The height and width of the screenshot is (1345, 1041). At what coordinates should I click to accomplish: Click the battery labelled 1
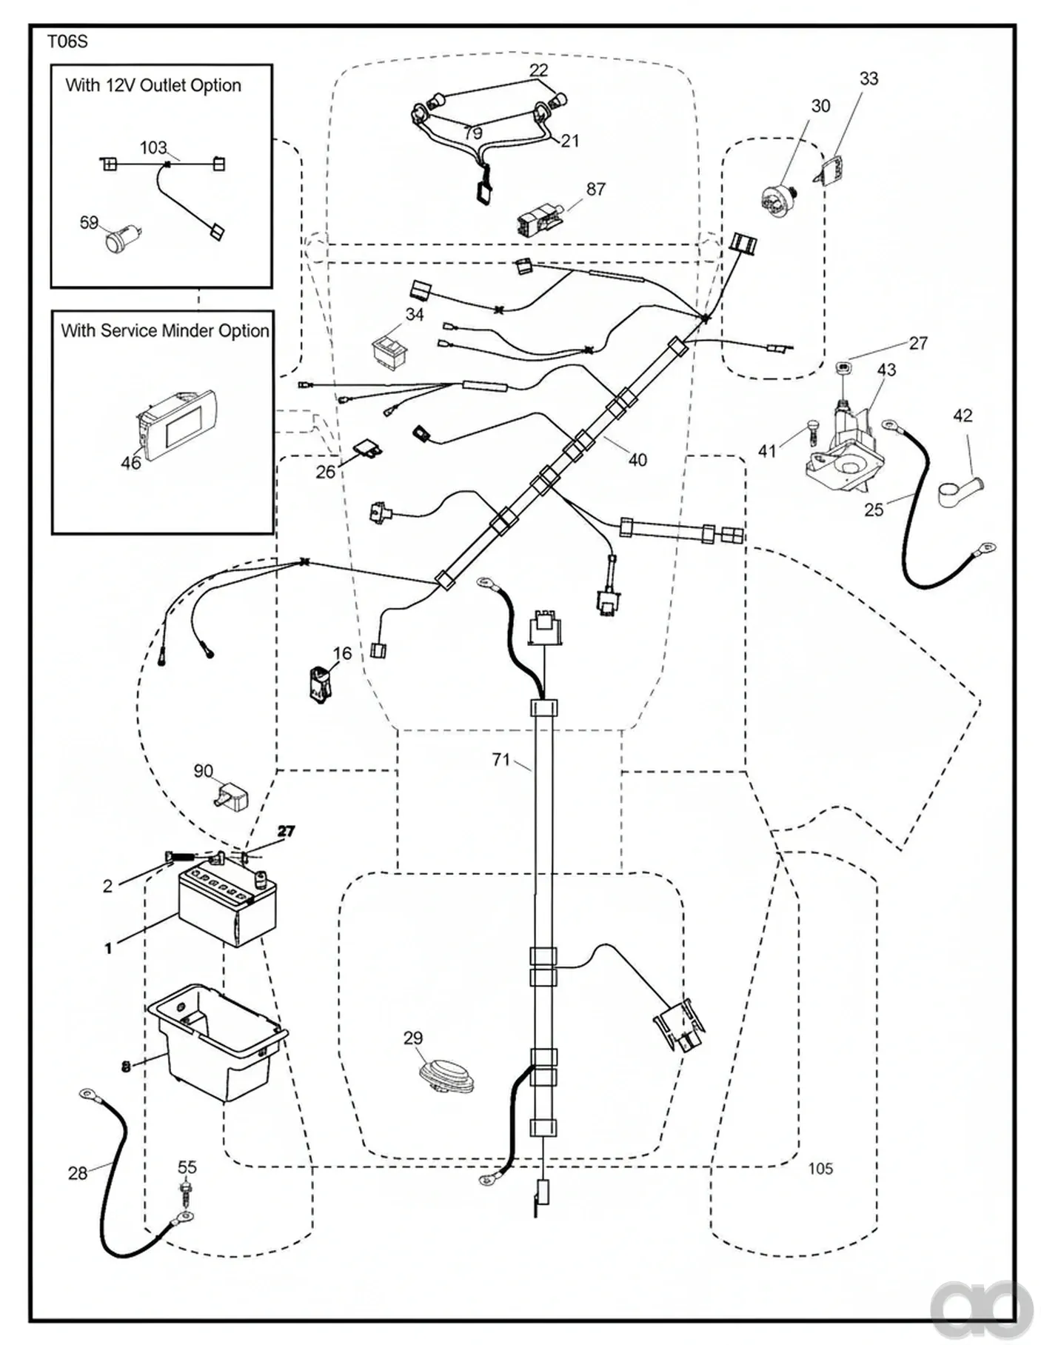(227, 905)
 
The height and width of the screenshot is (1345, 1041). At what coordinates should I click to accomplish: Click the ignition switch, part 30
(780, 198)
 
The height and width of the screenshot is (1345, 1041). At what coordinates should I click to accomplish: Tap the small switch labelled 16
(320, 681)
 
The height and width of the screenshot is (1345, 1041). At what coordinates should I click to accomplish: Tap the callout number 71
(501, 760)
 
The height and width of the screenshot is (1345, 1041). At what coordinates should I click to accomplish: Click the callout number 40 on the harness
(637, 460)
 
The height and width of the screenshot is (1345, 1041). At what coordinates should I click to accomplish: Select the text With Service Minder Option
(164, 330)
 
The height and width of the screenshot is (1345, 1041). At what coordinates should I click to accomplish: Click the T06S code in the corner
(67, 42)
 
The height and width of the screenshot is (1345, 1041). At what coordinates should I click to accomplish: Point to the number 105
(820, 1168)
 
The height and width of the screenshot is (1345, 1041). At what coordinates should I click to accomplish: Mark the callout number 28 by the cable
(78, 1173)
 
